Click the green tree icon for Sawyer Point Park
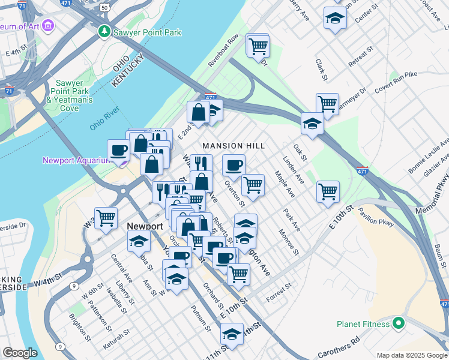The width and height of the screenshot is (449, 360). [x=105, y=31]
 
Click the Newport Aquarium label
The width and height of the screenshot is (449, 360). [x=77, y=160]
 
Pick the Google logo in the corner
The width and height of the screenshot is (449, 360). [x=20, y=353]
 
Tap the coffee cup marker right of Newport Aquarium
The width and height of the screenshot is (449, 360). [x=119, y=150]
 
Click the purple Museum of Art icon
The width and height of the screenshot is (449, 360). [x=47, y=26]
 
